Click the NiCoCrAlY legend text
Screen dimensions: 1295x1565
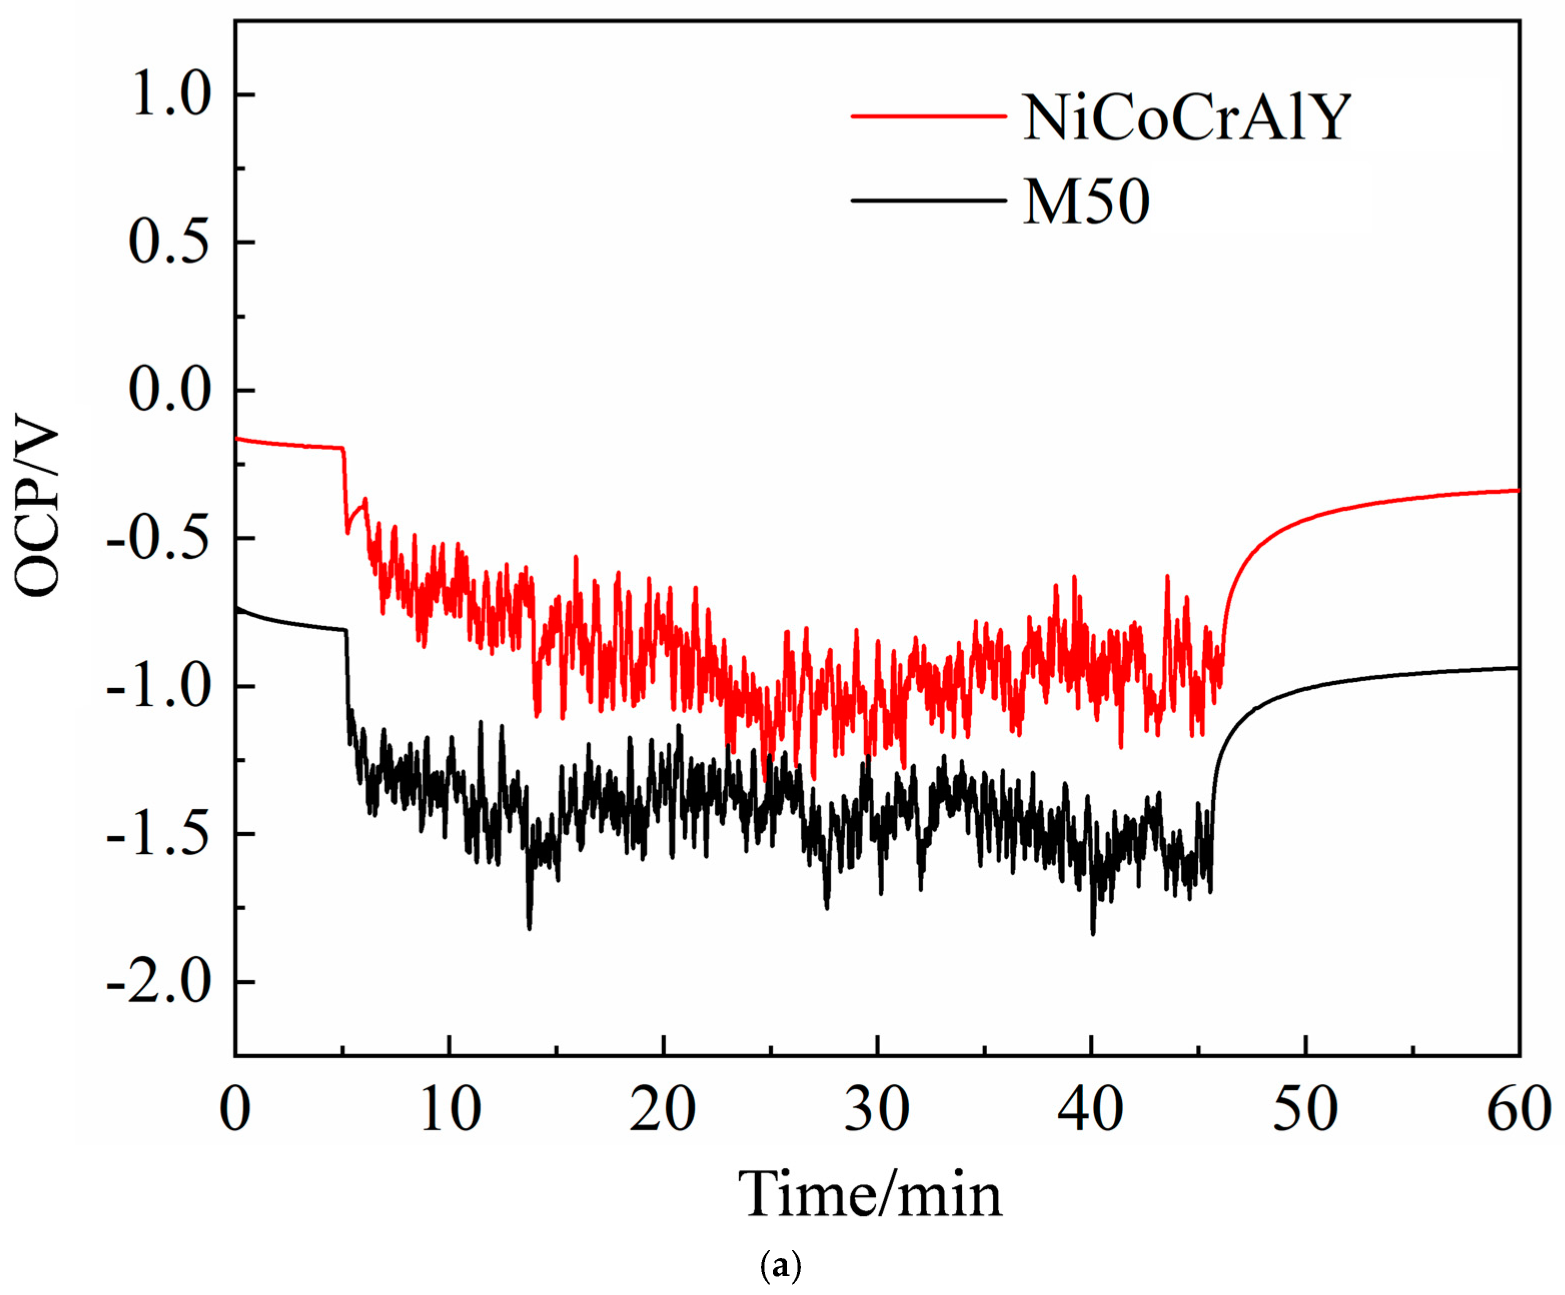(x=1186, y=118)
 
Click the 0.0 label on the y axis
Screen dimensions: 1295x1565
(x=170, y=390)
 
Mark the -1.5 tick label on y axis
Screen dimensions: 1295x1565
(x=159, y=834)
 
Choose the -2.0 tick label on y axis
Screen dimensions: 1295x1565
(x=159, y=981)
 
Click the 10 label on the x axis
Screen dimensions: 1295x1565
(x=449, y=1110)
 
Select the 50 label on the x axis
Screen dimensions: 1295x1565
(x=1305, y=1110)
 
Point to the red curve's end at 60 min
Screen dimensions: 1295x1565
(x=1517, y=490)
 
